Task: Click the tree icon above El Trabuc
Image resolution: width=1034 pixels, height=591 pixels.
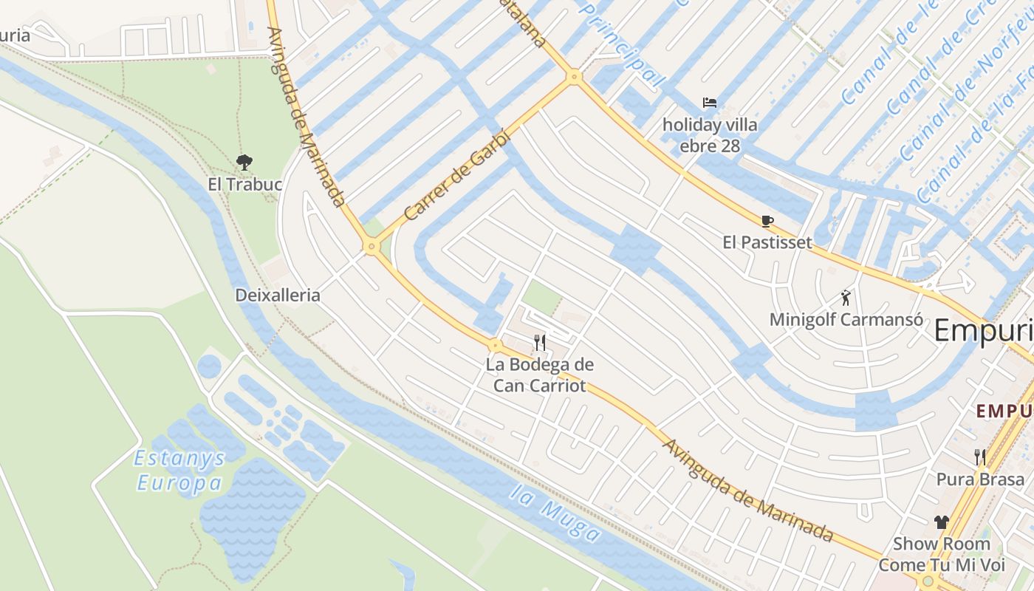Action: point(244,162)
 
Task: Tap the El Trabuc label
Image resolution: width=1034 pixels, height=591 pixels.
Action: point(245,184)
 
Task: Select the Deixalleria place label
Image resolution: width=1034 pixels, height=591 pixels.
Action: point(278,295)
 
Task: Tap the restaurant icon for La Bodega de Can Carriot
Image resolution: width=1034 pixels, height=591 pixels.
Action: point(540,342)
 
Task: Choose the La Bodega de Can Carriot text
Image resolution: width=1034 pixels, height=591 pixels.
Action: point(540,375)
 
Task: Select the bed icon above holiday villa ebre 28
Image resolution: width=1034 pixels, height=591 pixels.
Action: point(710,103)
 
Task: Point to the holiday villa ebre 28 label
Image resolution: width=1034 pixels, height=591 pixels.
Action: point(710,135)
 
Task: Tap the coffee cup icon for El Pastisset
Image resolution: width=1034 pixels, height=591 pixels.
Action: point(767,221)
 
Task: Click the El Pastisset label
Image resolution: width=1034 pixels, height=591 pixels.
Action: point(767,242)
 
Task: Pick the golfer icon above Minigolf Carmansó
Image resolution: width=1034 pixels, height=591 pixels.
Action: point(846,298)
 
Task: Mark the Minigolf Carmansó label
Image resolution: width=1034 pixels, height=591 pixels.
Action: point(846,320)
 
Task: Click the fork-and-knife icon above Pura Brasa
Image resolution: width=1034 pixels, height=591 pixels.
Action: point(980,457)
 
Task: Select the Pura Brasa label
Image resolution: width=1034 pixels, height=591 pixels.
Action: point(981,479)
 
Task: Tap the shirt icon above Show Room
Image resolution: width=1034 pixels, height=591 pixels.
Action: point(941,522)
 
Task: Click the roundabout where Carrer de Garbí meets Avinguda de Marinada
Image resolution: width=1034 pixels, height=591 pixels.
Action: point(371,247)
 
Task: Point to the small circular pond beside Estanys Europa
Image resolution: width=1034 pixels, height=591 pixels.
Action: point(209,366)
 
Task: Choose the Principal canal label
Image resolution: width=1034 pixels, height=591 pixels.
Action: point(620,44)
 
